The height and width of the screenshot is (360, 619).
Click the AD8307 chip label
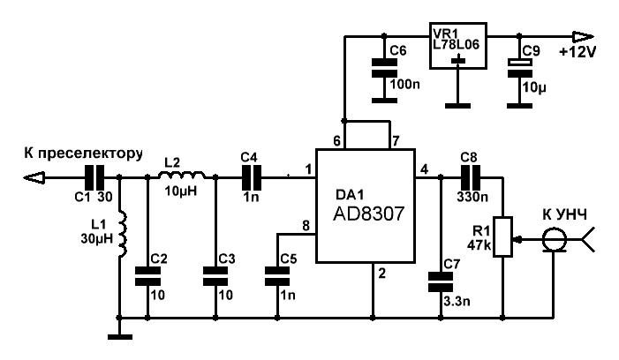coord(369,214)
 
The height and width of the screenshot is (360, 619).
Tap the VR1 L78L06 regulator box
coord(458,45)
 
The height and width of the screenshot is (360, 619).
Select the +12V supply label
coord(577,52)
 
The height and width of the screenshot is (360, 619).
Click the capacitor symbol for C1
coord(94,178)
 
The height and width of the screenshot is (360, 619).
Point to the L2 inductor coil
coord(182,175)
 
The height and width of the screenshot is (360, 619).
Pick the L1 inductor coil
coord(123,235)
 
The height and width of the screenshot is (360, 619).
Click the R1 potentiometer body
coord(503,236)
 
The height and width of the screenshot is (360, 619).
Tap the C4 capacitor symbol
coord(251,178)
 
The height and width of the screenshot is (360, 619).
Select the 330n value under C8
coord(472,197)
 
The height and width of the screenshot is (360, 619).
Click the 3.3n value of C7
coord(457,301)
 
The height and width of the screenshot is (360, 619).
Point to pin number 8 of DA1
coord(306,226)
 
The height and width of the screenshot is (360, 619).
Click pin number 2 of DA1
coord(381,273)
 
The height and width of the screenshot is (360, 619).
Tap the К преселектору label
coord(83,154)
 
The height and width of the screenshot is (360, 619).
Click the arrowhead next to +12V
coord(583,37)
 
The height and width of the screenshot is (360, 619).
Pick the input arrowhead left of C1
coord(34,178)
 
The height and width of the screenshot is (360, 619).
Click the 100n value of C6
coord(404,84)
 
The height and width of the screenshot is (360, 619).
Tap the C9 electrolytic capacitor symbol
coord(519,68)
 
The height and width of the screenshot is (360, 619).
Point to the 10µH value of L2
coord(180,191)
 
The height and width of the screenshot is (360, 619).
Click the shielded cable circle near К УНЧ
coord(554,239)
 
